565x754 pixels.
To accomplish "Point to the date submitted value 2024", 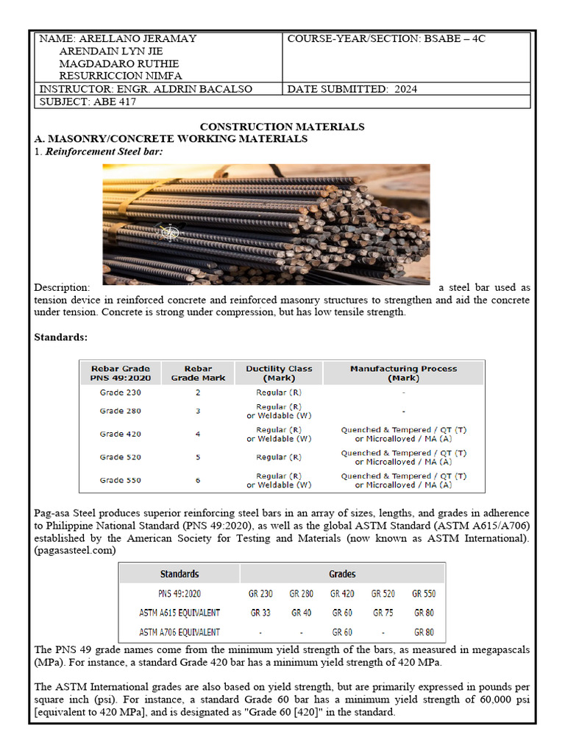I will pos(405,89).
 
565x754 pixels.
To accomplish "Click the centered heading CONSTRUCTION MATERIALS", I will pos(282,127).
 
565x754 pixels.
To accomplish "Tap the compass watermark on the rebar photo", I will pos(170,233).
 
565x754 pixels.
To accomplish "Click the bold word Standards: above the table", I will pos(61,337).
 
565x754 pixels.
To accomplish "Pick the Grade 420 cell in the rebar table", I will pos(121,434).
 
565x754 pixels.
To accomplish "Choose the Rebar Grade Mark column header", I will pos(198,373).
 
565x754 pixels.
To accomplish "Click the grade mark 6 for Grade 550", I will pos(198,480).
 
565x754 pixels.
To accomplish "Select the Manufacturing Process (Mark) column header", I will pos(403,373).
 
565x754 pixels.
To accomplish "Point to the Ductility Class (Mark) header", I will pos(279,373).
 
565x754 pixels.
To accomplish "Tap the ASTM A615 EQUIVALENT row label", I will pos(180,613).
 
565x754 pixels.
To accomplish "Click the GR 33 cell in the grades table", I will pos(260,613).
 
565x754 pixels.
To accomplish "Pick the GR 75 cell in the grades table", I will pos(383,613).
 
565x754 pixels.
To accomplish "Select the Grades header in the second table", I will pos(342,574).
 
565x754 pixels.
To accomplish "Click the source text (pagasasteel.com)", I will pos(74,550).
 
